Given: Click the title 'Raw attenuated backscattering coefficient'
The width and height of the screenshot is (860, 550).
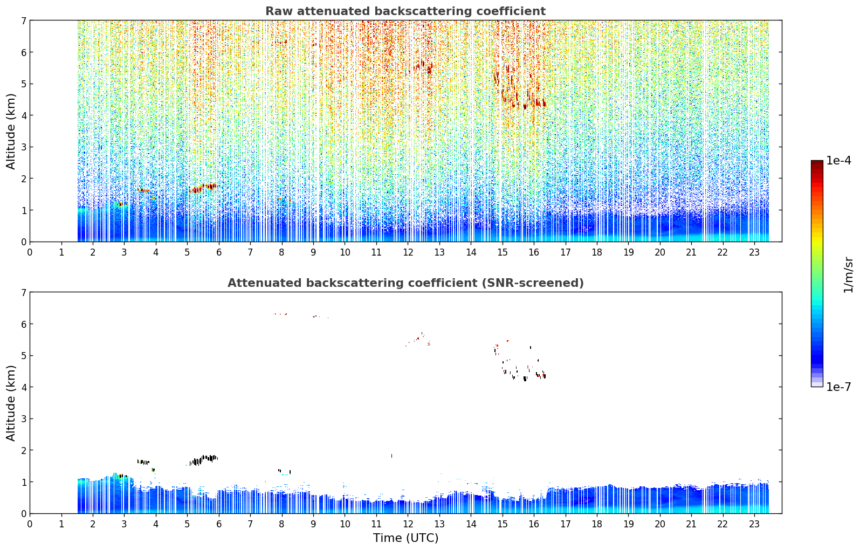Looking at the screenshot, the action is pos(405,11).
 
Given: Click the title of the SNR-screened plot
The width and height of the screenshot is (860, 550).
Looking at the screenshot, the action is pos(405,283).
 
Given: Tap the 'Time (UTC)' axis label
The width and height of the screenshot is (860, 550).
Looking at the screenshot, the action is pos(405,538).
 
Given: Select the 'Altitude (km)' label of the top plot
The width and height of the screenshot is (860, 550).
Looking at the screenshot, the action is pos(11,132).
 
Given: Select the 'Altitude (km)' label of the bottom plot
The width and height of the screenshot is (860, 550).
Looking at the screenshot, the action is pos(11,403).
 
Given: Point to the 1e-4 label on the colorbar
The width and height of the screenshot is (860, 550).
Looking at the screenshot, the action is pos(838,161).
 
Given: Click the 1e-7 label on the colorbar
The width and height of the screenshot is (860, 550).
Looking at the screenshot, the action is pos(838,387).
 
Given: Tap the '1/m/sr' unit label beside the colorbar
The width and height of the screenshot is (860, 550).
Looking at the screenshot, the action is pos(848,276).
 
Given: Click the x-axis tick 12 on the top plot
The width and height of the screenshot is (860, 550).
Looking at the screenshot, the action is pos(408,252).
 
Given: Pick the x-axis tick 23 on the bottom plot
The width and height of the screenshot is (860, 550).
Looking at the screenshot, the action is pos(754,524).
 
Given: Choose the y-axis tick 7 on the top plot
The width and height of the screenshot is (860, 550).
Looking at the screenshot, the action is pos(24,20).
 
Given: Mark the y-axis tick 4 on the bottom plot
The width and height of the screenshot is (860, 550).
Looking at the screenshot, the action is pos(24,387).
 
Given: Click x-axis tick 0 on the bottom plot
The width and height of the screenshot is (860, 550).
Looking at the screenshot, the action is pos(30,524).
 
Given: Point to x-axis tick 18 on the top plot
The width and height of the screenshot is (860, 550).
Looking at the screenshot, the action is pos(597,252).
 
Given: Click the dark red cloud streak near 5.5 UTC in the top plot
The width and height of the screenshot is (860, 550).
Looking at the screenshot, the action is pos(204,188).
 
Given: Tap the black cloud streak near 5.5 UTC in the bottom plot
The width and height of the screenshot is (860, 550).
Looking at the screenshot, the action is pos(204,460).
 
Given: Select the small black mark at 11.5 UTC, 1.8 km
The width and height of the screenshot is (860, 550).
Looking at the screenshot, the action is pos(391,456).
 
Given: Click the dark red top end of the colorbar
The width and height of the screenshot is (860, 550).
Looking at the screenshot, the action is pos(817,163).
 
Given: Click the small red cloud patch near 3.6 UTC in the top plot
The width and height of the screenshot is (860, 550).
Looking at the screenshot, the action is pos(143,190).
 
